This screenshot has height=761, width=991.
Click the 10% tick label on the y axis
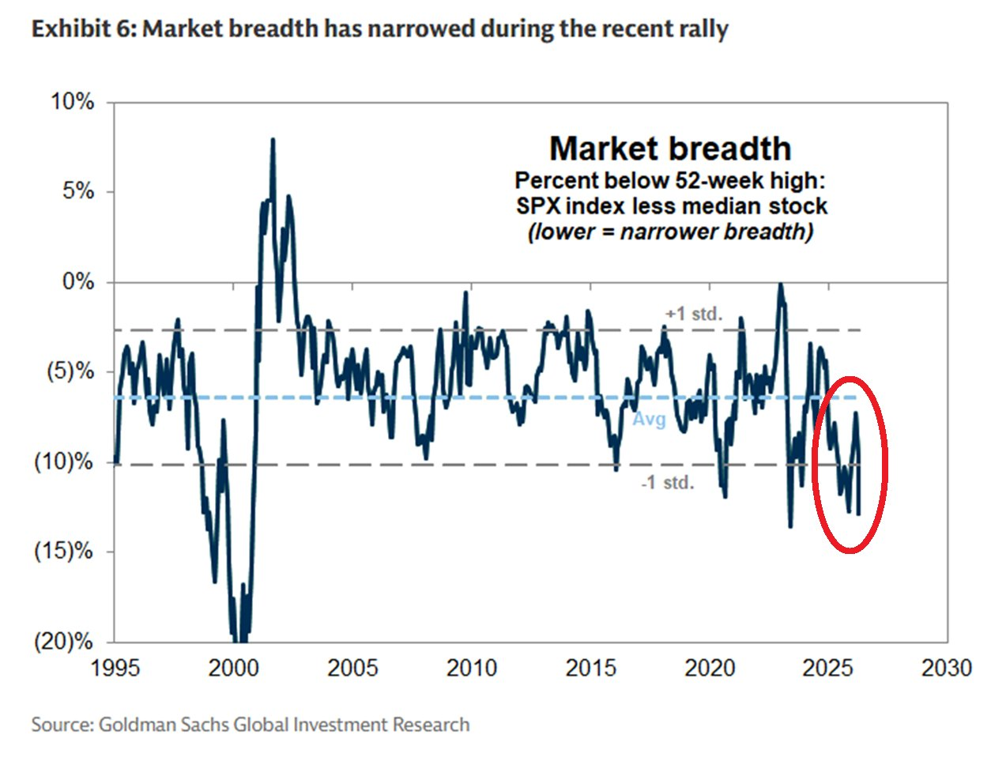(73, 102)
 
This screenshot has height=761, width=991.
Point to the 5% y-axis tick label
(77, 192)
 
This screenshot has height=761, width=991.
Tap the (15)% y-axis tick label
(63, 551)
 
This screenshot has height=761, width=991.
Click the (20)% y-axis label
(63, 641)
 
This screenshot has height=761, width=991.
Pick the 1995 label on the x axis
(115, 668)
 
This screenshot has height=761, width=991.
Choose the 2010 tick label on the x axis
(472, 668)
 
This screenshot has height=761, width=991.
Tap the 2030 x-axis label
(947, 668)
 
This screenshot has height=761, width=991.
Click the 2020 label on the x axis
(710, 668)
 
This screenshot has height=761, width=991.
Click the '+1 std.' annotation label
(694, 314)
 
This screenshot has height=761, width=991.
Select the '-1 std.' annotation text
(668, 482)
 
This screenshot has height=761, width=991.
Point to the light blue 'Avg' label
(649, 420)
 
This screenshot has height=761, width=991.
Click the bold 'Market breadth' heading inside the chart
(670, 149)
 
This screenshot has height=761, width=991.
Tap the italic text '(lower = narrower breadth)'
(670, 232)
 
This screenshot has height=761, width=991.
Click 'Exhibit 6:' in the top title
(84, 30)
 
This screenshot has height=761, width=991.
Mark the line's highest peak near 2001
(273, 140)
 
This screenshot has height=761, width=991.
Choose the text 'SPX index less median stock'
(671, 206)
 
